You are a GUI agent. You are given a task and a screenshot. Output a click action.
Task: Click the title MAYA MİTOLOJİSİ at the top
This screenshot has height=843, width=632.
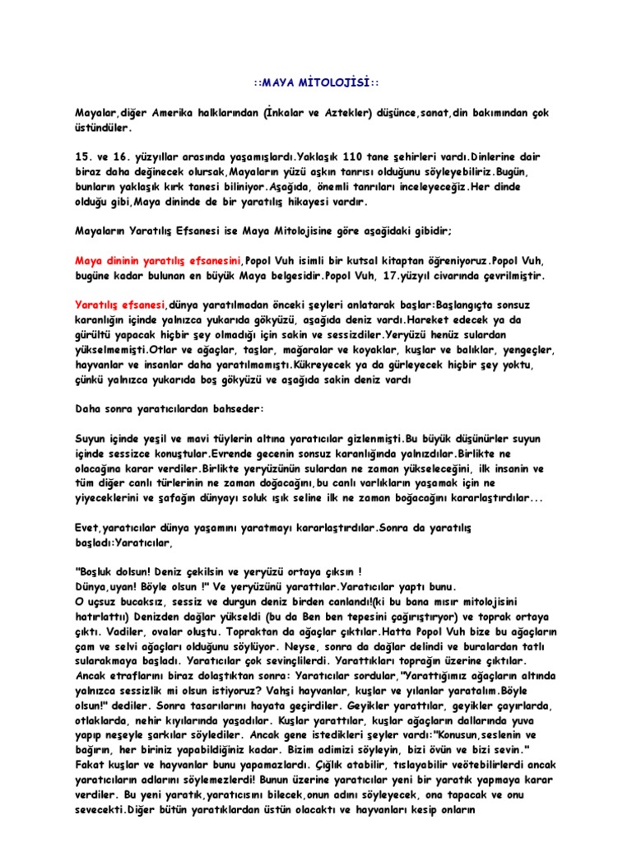316,84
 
